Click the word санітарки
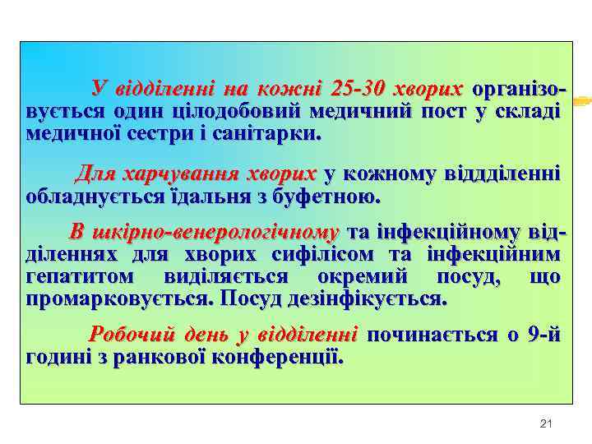click(274, 133)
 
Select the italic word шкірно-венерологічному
click(204, 231)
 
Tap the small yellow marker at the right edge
click(581, 100)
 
